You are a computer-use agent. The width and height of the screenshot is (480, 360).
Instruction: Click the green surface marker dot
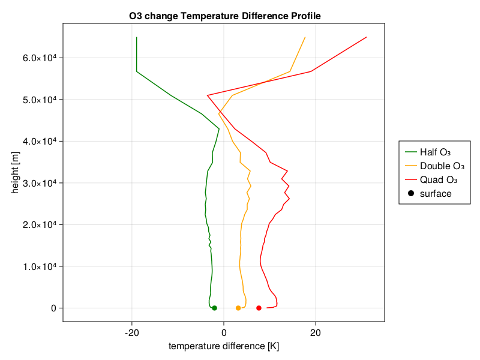[214, 308]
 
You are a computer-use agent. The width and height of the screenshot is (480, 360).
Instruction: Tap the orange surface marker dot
[238, 308]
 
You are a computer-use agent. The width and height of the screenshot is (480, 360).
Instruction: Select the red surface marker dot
[259, 308]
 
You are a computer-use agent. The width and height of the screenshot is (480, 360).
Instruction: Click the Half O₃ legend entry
[427, 152]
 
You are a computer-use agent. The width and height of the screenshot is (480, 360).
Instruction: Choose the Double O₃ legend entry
[434, 166]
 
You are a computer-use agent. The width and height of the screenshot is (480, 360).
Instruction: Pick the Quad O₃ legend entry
[431, 179]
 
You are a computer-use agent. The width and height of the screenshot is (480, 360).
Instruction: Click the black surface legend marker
[411, 193]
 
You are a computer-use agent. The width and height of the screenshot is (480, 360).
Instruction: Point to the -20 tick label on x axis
[132, 333]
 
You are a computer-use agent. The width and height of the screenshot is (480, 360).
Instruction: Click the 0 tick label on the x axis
[224, 333]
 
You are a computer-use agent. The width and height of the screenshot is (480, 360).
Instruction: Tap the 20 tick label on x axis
[316, 333]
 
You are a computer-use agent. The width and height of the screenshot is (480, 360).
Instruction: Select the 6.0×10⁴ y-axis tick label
[40, 58]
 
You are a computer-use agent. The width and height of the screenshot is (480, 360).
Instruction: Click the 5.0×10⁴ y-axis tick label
[40, 100]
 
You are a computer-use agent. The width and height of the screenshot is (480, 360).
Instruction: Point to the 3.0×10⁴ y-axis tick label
[40, 183]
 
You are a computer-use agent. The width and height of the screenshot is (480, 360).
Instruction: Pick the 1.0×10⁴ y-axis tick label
[40, 266]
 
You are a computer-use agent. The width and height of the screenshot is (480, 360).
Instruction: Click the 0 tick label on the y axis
[53, 308]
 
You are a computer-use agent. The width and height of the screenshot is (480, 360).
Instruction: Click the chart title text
[224, 16]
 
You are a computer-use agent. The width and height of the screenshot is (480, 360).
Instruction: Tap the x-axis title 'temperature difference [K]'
[224, 346]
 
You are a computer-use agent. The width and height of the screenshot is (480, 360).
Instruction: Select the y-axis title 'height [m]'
[14, 172]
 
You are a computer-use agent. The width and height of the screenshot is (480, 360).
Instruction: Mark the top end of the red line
[367, 37]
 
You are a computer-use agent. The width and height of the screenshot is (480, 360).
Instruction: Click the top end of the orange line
[305, 37]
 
